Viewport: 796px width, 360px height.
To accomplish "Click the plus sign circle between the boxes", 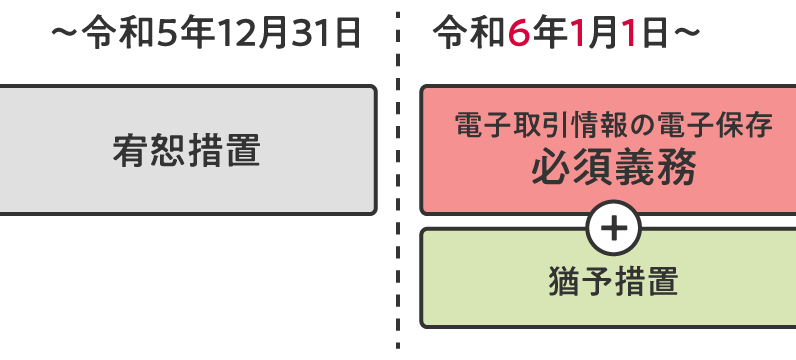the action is tap(613, 229).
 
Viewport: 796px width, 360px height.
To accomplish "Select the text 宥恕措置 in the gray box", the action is tap(186, 151).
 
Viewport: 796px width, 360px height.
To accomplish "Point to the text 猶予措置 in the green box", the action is tap(613, 282).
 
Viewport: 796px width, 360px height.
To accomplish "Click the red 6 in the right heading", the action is tap(518, 34).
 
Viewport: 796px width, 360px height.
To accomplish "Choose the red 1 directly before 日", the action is tap(629, 34).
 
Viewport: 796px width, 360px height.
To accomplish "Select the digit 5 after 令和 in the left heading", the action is tap(158, 34).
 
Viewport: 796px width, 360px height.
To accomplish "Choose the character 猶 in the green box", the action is tap(565, 282).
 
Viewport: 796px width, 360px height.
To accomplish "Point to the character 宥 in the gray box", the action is tap(130, 151).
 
